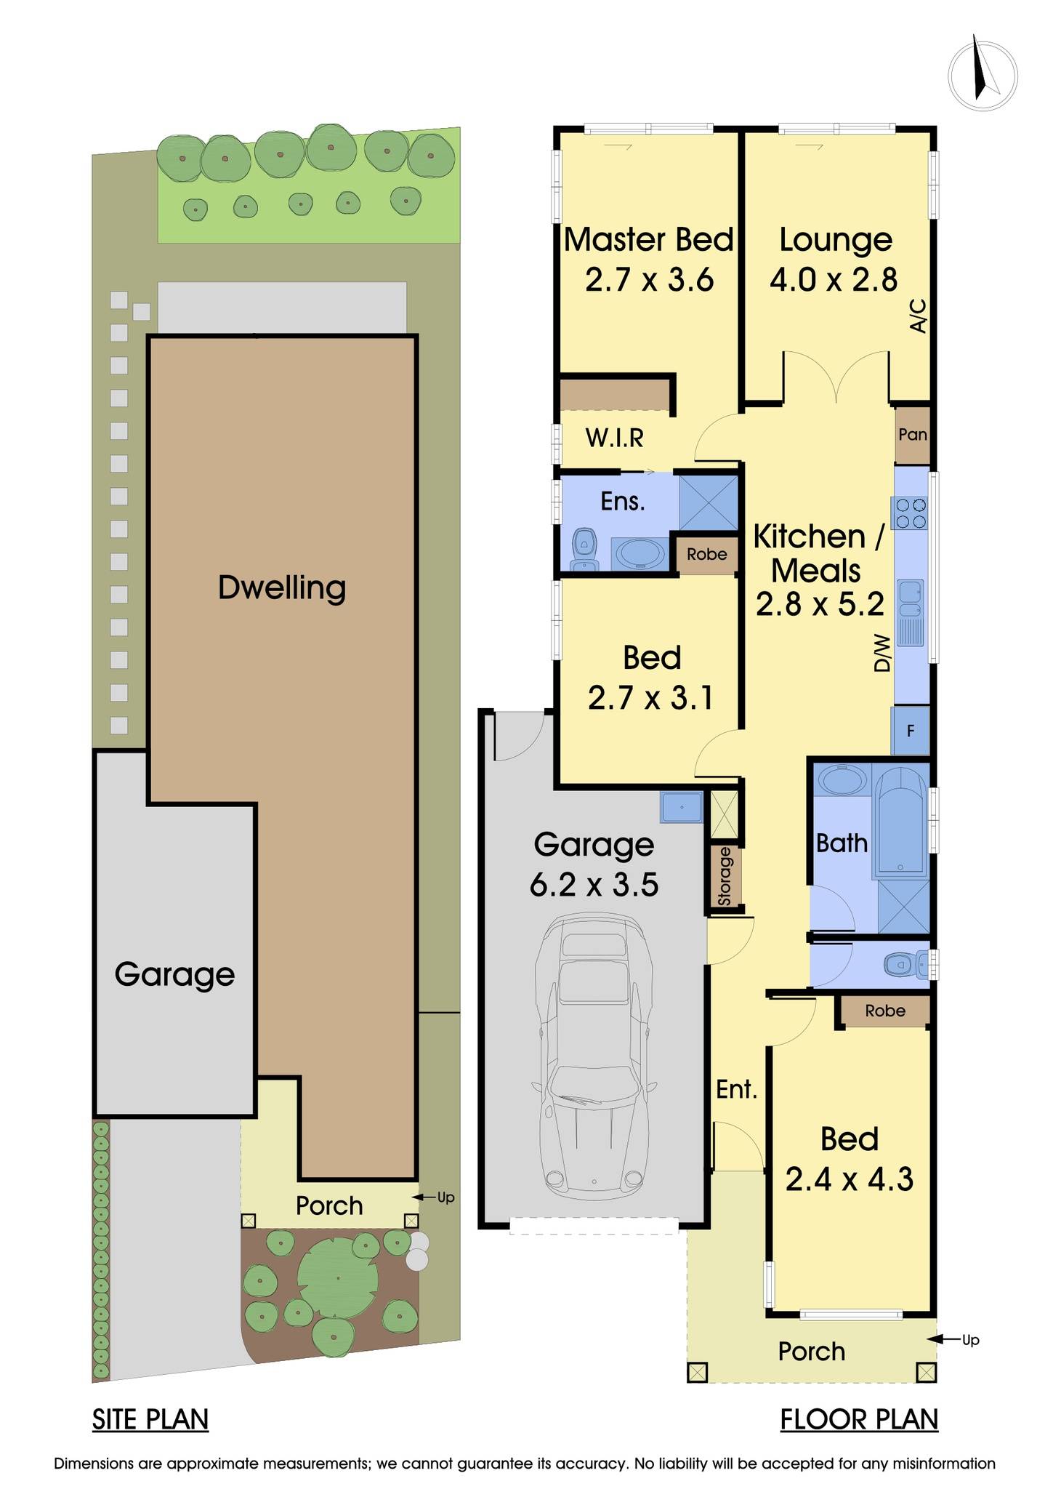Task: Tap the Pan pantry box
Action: pos(912,435)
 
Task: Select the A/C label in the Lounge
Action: pos(919,316)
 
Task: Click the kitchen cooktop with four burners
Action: pos(911,513)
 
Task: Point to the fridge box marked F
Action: pos(911,731)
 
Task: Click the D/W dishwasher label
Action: pos(881,652)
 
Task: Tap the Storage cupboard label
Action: pos(725,877)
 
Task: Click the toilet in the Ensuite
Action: pos(584,550)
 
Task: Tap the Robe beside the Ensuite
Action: pos(706,555)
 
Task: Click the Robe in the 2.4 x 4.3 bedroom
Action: pos(884,1011)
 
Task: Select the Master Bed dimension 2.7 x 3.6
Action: pos(649,280)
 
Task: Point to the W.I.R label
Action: pos(614,438)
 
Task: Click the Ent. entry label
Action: pos(736,1089)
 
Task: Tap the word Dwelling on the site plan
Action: pos(282,587)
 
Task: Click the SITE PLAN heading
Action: pos(150,1419)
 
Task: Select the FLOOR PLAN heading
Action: pos(859,1419)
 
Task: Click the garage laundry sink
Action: pos(681,807)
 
